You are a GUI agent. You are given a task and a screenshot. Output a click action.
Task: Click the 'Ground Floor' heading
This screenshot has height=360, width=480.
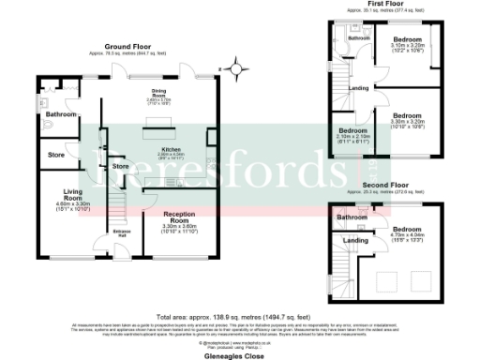click(x=128, y=46)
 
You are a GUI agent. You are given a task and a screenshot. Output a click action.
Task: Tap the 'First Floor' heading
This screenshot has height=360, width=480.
click(x=385, y=4)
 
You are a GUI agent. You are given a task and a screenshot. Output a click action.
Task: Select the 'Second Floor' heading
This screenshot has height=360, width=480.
click(x=385, y=186)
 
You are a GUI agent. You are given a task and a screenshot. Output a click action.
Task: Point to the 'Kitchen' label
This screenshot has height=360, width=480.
click(x=172, y=150)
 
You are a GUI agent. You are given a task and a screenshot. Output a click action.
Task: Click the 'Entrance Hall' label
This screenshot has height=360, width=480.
click(x=122, y=232)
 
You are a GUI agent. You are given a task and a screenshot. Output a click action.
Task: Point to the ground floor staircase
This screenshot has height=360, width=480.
click(x=118, y=201)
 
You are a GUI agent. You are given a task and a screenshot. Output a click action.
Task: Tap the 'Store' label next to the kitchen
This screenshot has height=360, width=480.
click(x=120, y=167)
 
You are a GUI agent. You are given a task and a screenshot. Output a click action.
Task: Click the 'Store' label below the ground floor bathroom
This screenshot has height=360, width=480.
click(x=56, y=155)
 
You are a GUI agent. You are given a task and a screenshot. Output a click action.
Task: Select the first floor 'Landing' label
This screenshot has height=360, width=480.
click(x=358, y=89)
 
